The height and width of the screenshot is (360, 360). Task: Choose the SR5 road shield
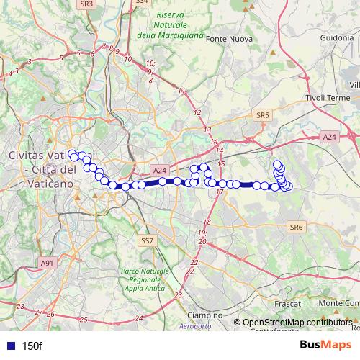(x=261, y=114)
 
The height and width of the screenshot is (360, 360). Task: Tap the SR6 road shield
(x=296, y=226)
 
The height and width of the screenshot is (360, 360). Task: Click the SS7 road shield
(x=146, y=240)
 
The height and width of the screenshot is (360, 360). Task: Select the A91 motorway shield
(x=47, y=263)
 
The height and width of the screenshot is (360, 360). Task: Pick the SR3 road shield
(x=87, y=4)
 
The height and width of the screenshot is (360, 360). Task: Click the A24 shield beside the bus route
(x=160, y=171)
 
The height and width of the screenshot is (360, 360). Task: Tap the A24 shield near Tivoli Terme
(x=329, y=137)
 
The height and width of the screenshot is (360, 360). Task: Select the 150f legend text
(x=32, y=346)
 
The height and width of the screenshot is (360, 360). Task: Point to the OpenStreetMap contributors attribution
(x=297, y=323)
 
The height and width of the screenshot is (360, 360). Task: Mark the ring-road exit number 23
(x=178, y=295)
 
